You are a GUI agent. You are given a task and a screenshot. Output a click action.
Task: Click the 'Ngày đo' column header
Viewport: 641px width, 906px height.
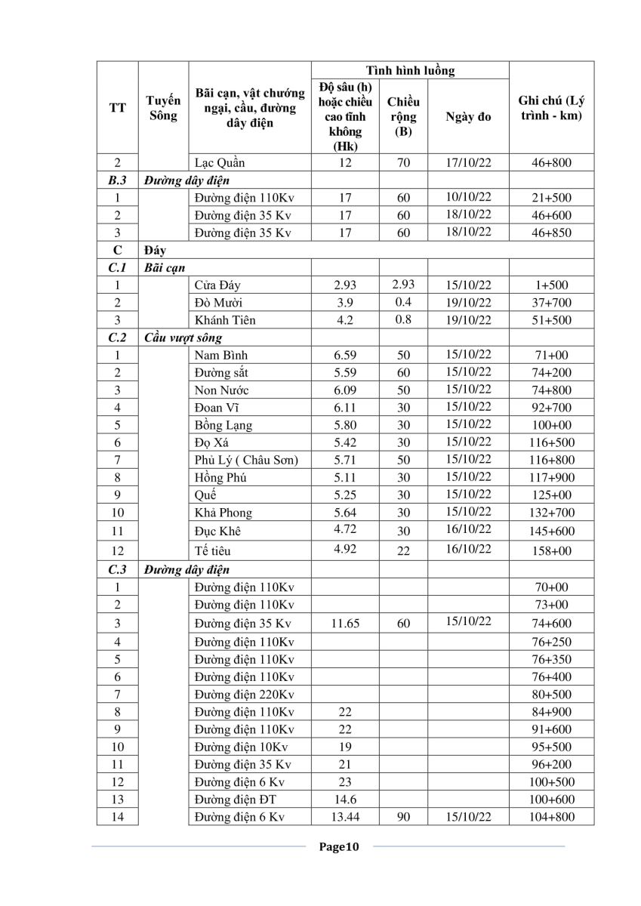[x=468, y=117]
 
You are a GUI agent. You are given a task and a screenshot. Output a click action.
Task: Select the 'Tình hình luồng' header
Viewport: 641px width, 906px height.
[x=410, y=71]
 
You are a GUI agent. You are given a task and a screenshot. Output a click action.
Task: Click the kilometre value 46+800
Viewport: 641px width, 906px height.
[x=551, y=162]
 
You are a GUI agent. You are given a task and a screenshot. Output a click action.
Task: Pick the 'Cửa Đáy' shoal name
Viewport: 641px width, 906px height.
[x=217, y=285]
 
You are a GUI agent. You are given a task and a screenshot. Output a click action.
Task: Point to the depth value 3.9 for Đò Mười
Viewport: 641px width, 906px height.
[x=344, y=303]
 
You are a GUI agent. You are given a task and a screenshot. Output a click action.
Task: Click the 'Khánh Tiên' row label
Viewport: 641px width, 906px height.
[x=224, y=320]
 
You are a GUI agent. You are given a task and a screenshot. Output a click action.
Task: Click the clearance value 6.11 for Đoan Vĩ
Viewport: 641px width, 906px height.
[x=344, y=408]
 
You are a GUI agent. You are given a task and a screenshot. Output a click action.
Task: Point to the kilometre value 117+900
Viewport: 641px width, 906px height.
[x=551, y=478]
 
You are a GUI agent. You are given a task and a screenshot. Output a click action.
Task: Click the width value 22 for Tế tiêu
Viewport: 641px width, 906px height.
[x=404, y=550]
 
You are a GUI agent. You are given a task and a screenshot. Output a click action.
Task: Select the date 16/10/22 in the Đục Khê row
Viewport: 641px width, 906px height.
[x=468, y=529]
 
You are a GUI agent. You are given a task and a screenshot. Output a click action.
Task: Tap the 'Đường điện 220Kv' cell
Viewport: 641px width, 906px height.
[x=244, y=695]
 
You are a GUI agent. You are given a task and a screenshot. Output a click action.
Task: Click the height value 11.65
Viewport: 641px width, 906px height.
[x=344, y=624]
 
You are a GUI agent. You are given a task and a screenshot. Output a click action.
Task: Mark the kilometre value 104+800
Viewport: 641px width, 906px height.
[x=551, y=817]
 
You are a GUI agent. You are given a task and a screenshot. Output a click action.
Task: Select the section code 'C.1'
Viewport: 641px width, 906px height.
[x=117, y=268]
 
